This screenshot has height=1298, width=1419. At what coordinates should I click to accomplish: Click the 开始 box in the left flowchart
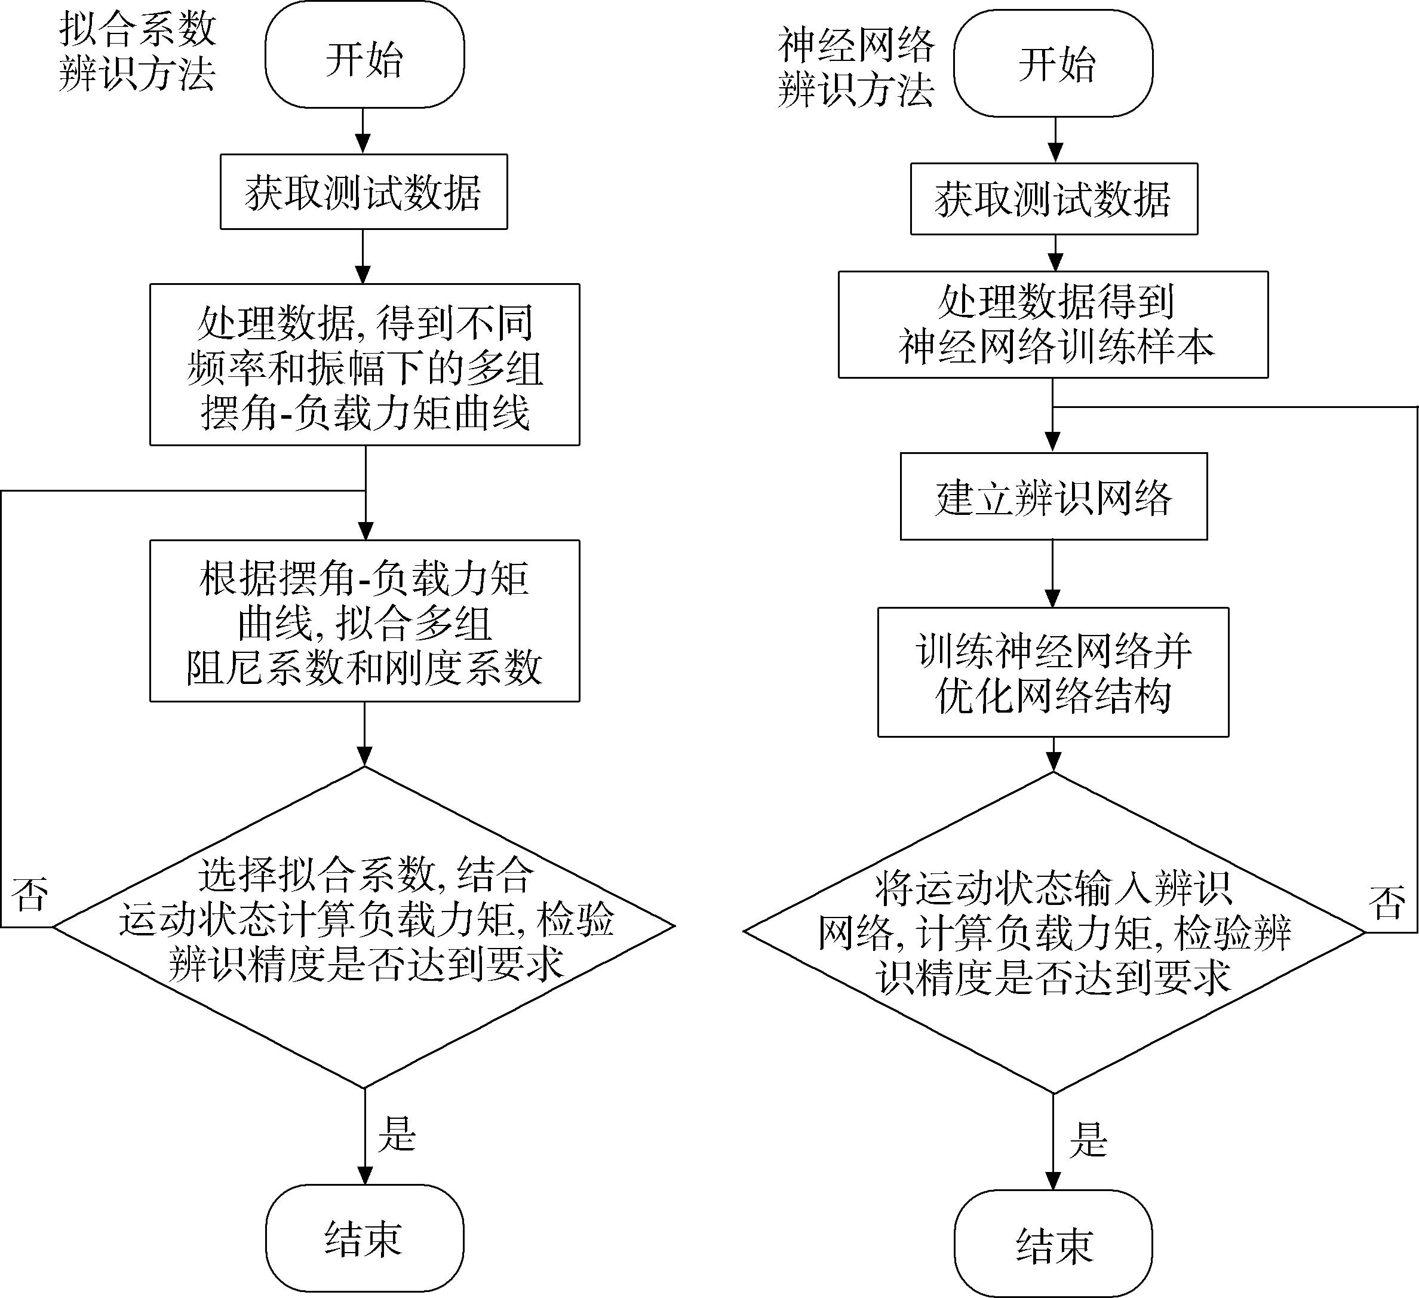(364, 55)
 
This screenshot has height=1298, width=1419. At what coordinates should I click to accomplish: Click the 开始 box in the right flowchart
(1053, 63)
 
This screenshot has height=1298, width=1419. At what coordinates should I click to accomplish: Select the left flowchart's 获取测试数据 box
(364, 192)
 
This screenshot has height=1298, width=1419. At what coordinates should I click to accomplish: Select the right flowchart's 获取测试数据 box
(1053, 199)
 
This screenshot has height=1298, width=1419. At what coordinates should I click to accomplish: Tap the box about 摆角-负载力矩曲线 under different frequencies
(364, 364)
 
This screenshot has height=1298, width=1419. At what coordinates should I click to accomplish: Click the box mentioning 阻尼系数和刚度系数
(364, 621)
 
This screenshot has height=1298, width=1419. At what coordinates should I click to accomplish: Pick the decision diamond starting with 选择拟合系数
(364, 926)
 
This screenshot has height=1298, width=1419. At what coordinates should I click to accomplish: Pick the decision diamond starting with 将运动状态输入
(1053, 932)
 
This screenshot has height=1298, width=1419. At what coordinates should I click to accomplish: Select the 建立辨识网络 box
(1053, 496)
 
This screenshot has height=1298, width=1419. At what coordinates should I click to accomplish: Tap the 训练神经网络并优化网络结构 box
(1053, 672)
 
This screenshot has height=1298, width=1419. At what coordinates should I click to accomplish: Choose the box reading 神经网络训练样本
(1053, 324)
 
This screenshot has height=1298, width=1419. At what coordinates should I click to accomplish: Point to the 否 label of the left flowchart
(30, 895)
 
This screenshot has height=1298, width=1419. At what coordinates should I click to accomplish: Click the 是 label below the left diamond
(397, 1133)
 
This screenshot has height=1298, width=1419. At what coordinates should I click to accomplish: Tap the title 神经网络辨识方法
(856, 67)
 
